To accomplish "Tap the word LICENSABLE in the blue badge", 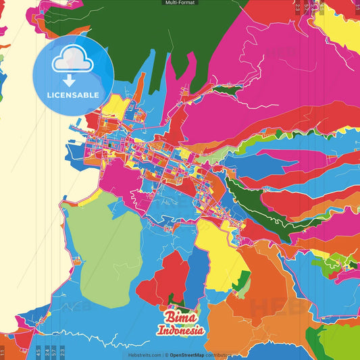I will pyautogui.click(x=74, y=95).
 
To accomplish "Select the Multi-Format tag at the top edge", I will pyautogui.click(x=180, y=3).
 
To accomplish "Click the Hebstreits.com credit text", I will pyautogui.click(x=143, y=355).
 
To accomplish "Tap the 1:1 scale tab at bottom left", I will pyautogui.click(x=3, y=352).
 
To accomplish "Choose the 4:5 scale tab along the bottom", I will pyautogui.click(x=38, y=352).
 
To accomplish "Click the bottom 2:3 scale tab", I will pyautogui.click(x=62, y=352).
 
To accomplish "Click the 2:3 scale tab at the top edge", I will pyautogui.click(x=298, y=7).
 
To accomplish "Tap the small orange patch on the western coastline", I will pyautogui.click(x=78, y=259).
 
